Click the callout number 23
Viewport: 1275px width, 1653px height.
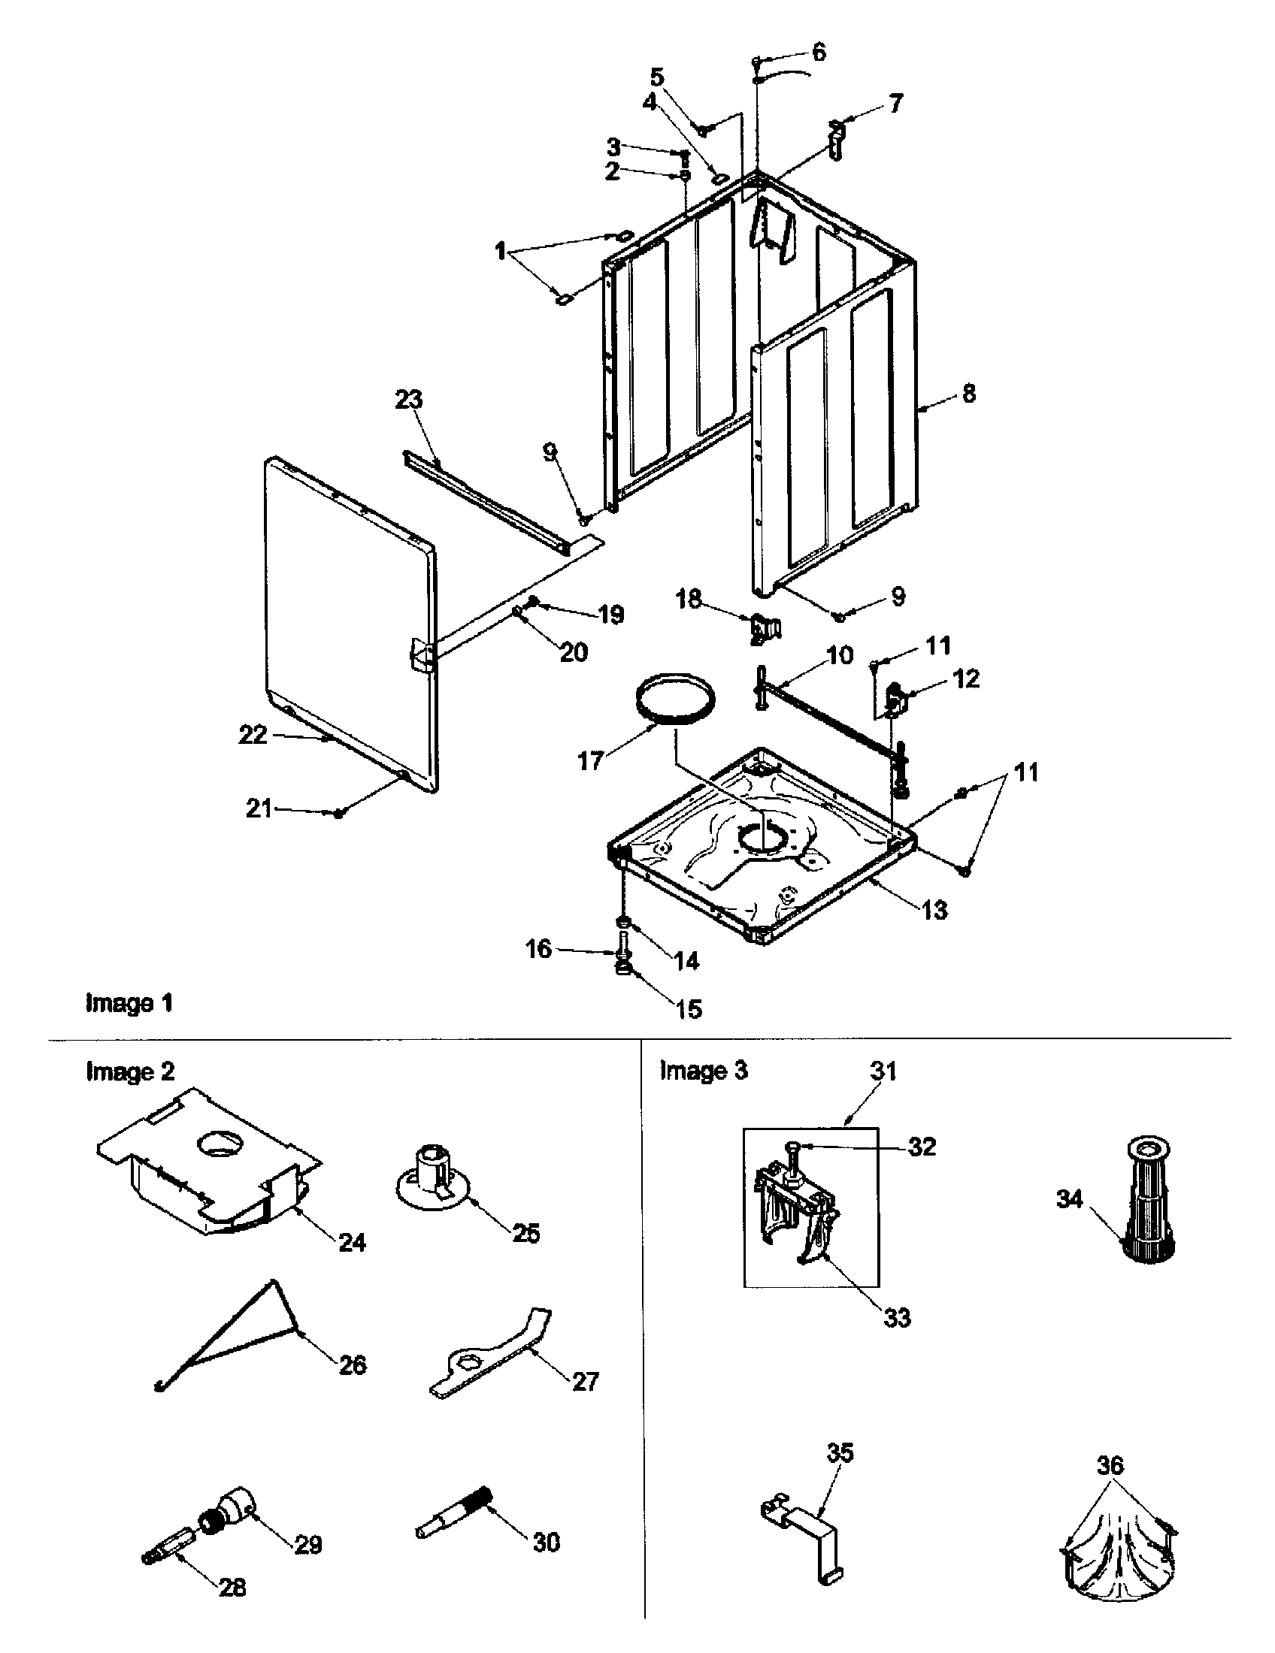408,400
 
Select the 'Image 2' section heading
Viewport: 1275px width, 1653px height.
129,1071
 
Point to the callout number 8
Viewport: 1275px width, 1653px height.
969,394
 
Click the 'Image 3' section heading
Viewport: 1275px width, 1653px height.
704,1071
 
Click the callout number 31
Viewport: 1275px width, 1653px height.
883,1071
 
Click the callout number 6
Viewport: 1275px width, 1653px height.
819,53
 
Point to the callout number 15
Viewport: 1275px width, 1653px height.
688,1009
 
